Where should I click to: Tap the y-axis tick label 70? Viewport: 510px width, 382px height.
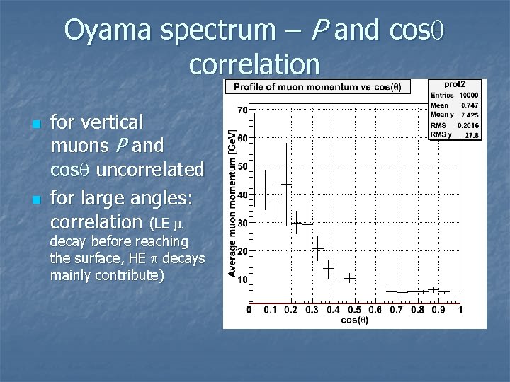(x=242, y=110)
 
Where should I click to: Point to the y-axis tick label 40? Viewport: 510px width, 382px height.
(x=242, y=195)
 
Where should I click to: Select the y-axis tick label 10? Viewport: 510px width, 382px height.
(x=242, y=279)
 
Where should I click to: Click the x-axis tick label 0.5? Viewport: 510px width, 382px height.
(x=353, y=309)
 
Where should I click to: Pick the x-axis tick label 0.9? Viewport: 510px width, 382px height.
(x=438, y=309)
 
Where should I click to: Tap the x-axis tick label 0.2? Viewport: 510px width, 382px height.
(x=290, y=309)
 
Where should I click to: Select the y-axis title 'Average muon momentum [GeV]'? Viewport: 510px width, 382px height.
(x=232, y=202)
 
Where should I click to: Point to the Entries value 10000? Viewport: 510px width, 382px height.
(x=468, y=94)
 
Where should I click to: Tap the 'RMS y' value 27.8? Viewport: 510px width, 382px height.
(x=472, y=134)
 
